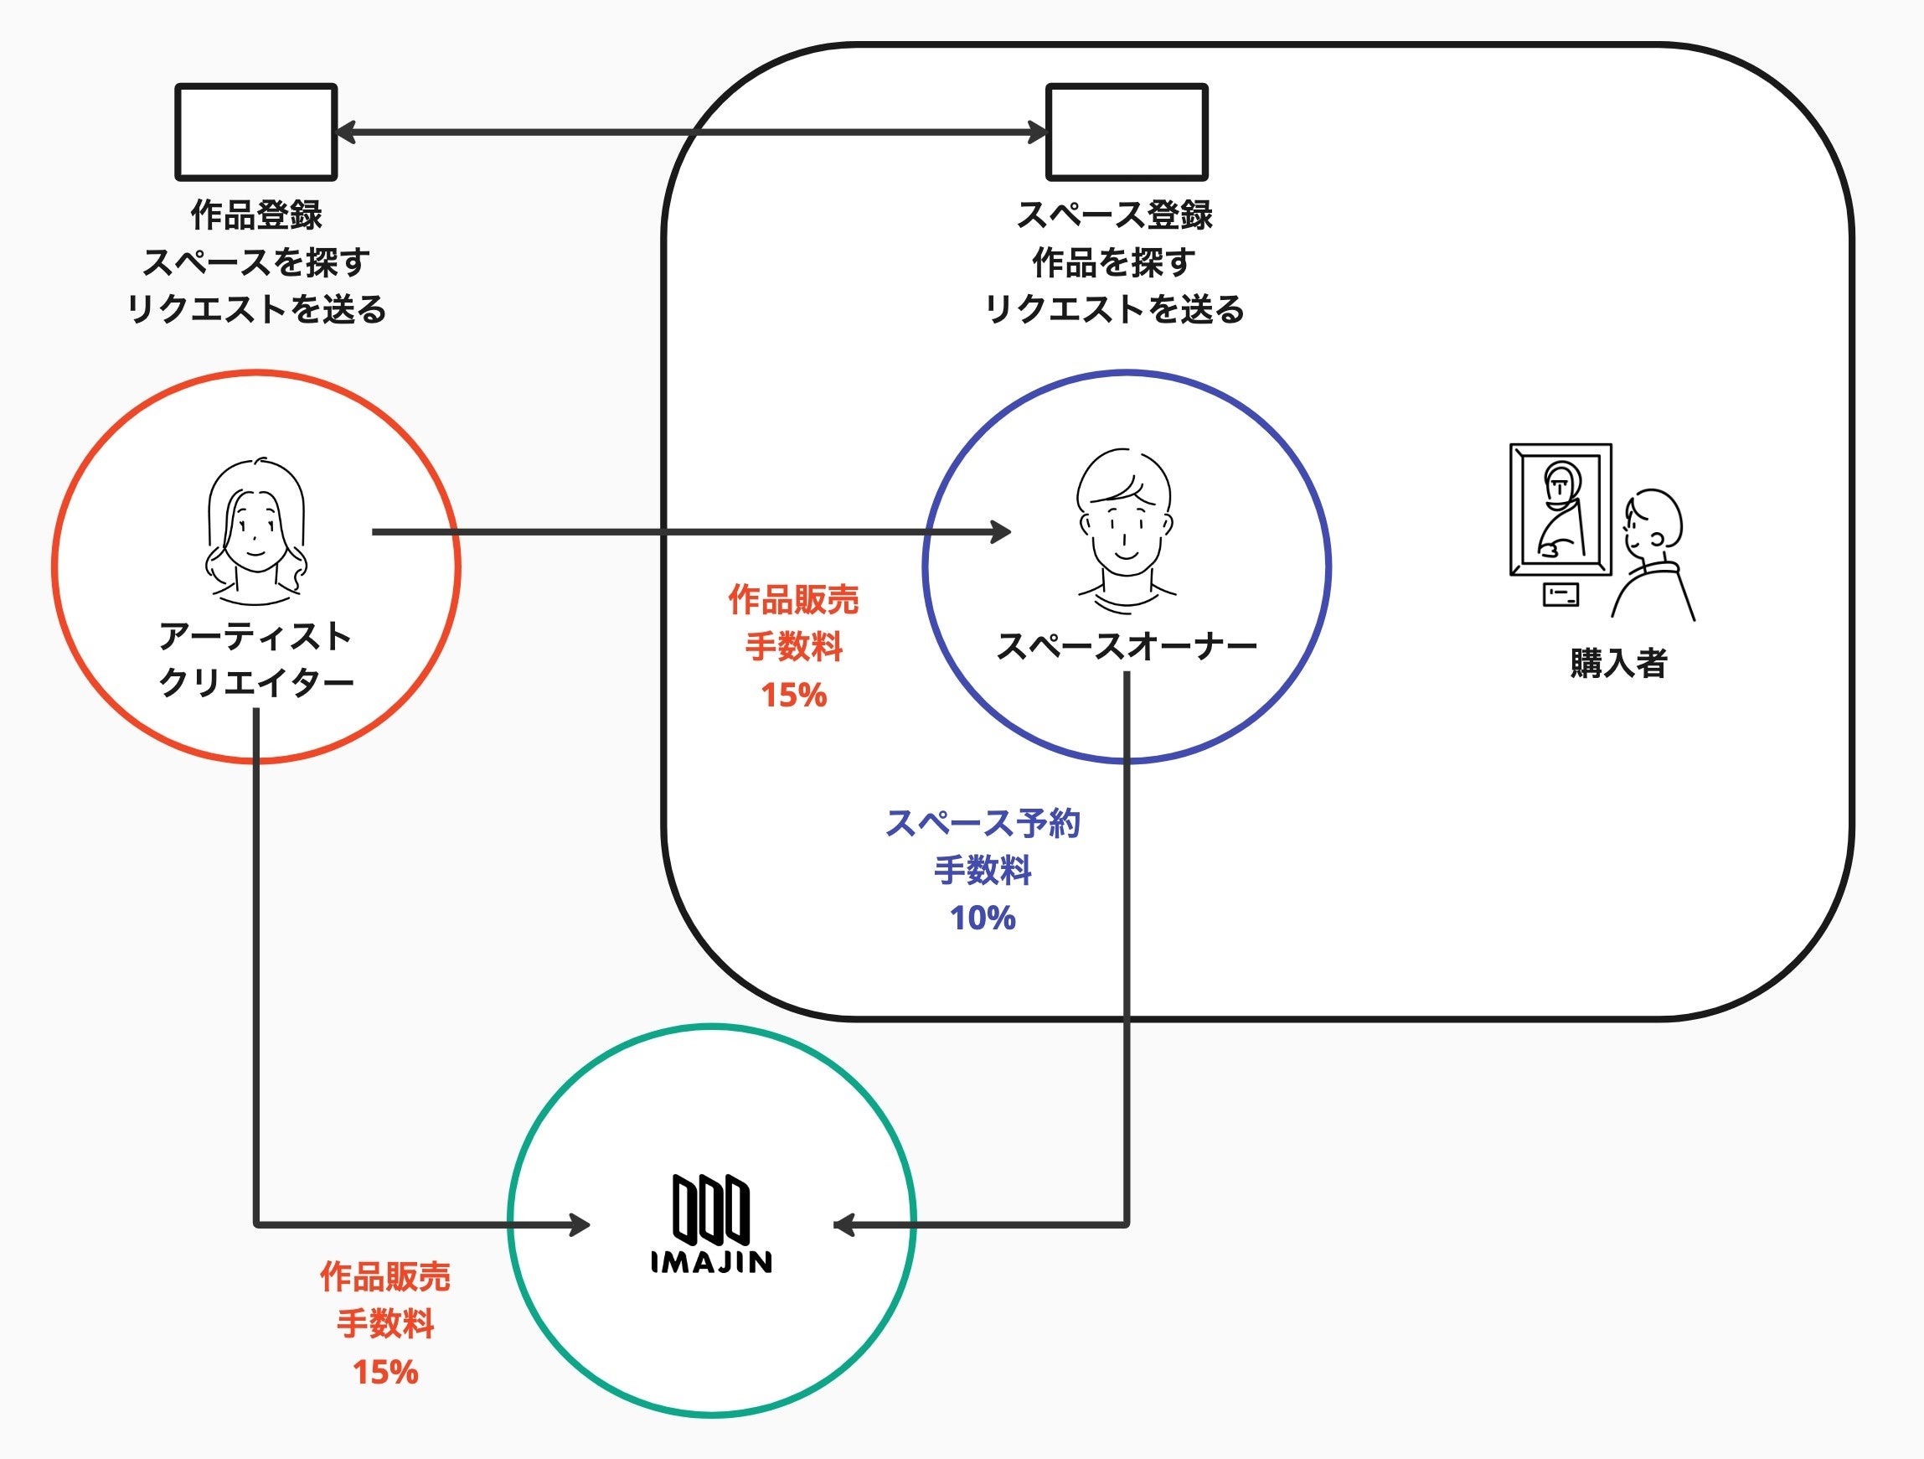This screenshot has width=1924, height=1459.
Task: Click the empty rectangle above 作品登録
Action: pyautogui.click(x=255, y=132)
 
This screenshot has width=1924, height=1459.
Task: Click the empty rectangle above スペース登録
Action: pyautogui.click(x=1127, y=132)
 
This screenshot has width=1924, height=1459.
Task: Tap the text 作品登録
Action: pyautogui.click(x=255, y=215)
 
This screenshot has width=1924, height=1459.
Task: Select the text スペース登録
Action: pyautogui.click(x=1114, y=215)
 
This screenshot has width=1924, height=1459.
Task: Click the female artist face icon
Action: pyautogui.click(x=255, y=530)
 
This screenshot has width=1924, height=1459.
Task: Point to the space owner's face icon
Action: pyautogui.click(x=1126, y=522)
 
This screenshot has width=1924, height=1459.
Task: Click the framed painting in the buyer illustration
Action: pyautogui.click(x=1560, y=510)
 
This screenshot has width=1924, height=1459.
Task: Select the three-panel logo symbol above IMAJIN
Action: pyautogui.click(x=710, y=1208)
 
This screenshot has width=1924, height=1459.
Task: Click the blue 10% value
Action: pyautogui.click(x=983, y=918)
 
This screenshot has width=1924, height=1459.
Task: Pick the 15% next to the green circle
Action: pyautogui.click(x=385, y=1372)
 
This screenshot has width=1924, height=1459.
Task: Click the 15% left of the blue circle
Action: pyautogui.click(x=793, y=695)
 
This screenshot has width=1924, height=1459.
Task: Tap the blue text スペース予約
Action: pyautogui.click(x=983, y=823)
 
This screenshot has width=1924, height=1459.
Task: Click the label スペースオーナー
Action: pyautogui.click(x=1126, y=645)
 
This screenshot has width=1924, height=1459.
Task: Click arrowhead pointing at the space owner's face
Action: pyautogui.click(x=1001, y=531)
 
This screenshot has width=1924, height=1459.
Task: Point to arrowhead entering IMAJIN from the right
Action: pyautogui.click(x=843, y=1225)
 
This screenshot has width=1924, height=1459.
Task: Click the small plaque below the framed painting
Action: pyautogui.click(x=1560, y=594)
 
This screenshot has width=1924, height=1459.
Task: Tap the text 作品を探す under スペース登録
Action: pyautogui.click(x=1114, y=263)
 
